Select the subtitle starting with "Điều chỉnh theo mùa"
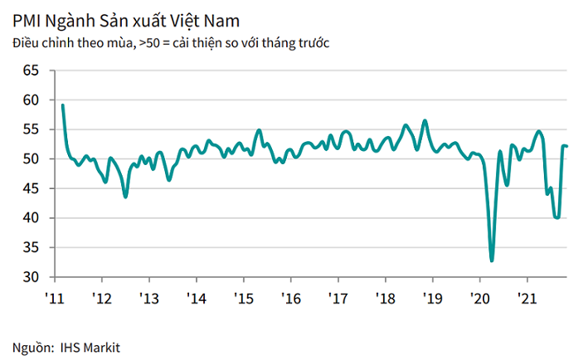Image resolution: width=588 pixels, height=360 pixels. (171, 41)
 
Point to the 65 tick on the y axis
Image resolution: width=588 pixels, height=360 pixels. (31, 71)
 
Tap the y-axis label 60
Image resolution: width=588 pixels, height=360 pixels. (31, 100)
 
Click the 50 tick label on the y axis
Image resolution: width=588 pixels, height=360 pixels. (31, 158)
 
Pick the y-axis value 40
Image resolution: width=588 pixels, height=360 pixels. (31, 217)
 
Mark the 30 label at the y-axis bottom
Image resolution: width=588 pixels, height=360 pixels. (31, 276)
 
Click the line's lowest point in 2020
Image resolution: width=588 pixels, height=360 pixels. (492, 260)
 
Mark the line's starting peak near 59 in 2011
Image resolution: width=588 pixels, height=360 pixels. (63, 105)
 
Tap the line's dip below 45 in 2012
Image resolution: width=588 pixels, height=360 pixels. (125, 197)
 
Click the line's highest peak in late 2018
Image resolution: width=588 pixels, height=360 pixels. (425, 121)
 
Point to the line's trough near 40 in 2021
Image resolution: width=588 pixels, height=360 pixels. (556, 217)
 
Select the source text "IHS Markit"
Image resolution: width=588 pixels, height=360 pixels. (90, 347)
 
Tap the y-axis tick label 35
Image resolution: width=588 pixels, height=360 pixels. (31, 247)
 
